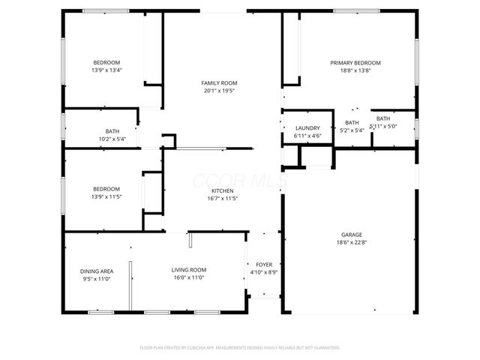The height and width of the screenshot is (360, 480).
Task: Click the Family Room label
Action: [x=219, y=82]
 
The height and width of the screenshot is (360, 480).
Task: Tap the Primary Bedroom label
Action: [x=355, y=62]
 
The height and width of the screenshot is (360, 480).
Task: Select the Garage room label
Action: [x=350, y=234]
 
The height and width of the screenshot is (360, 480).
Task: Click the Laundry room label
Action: [x=307, y=128]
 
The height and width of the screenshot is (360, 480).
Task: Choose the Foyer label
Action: [x=264, y=265]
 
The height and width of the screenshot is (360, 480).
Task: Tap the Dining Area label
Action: [x=97, y=270]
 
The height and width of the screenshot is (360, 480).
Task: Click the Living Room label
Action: [x=189, y=270]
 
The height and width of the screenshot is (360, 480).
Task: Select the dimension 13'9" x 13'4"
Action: [x=106, y=70]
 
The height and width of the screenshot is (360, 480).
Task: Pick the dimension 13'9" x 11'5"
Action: [x=106, y=197]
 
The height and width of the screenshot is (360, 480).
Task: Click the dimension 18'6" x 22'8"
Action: [x=350, y=242]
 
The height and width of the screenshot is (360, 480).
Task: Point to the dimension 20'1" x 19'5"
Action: [x=219, y=91]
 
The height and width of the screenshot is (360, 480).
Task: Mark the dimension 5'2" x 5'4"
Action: [x=352, y=130]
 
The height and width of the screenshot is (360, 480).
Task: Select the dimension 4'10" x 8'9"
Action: [x=264, y=273]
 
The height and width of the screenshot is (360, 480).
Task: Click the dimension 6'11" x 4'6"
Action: [x=307, y=136]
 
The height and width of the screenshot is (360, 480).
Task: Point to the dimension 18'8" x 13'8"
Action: [x=355, y=70]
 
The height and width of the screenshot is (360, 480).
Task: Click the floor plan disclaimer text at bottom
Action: [x=240, y=348]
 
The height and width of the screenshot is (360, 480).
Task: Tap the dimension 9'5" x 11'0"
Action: [x=97, y=278]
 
